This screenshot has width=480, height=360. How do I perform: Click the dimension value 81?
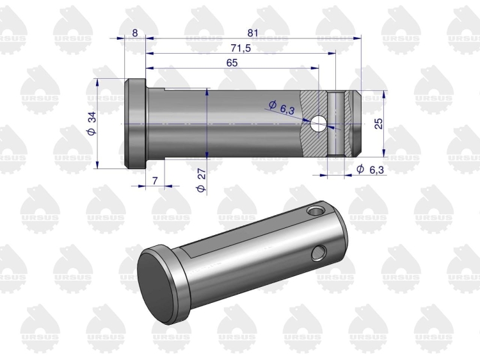[253, 33]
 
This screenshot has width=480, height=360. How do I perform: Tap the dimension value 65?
[232, 63]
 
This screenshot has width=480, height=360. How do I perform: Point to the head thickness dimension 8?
[135, 33]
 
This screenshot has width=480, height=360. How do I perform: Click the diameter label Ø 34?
[92, 123]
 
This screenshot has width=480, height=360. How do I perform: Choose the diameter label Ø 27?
[201, 181]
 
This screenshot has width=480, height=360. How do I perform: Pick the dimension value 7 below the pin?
[155, 181]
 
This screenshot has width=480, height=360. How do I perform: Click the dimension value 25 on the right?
[379, 124]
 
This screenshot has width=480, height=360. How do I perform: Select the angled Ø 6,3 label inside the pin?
[282, 108]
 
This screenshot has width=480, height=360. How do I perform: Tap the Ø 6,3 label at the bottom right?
[370, 169]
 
